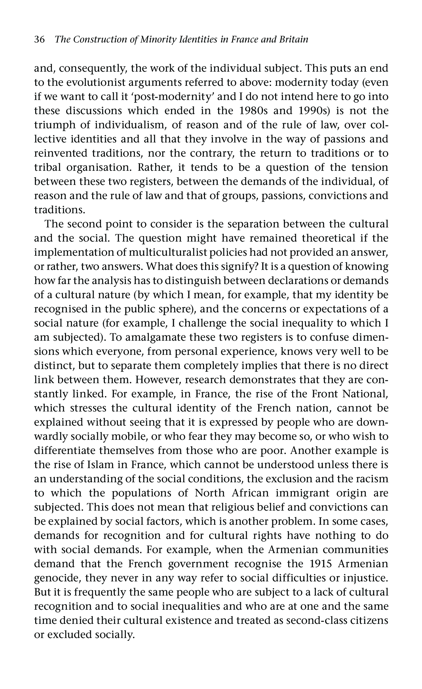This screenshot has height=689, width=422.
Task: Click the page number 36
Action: point(39,39)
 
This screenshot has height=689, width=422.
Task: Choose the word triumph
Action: point(54,125)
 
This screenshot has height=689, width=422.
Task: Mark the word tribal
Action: point(47,167)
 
